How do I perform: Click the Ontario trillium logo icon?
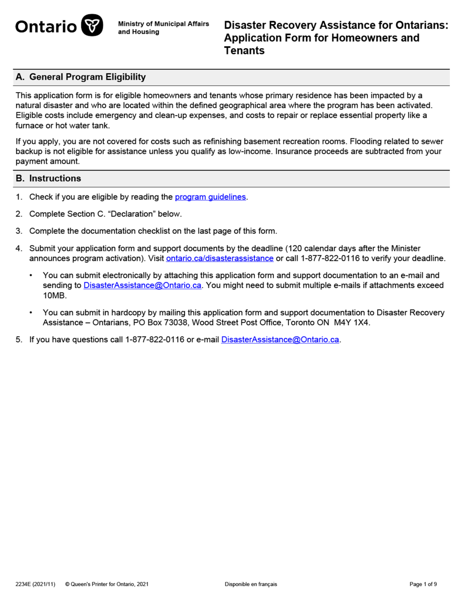point(92,25)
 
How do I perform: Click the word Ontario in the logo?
point(46,26)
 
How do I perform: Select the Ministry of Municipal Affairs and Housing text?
point(163,28)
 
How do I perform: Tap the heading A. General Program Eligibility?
point(80,77)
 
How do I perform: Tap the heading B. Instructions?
point(48,178)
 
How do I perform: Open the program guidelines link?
point(211,197)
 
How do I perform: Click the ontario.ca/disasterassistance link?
point(220,258)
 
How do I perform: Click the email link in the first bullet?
point(142,285)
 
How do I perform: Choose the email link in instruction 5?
point(280,340)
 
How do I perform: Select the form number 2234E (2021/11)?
point(35,584)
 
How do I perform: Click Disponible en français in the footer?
point(251,584)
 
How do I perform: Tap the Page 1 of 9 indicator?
point(423,584)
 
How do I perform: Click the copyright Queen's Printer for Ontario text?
point(107,584)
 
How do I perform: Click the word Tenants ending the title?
point(244,50)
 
